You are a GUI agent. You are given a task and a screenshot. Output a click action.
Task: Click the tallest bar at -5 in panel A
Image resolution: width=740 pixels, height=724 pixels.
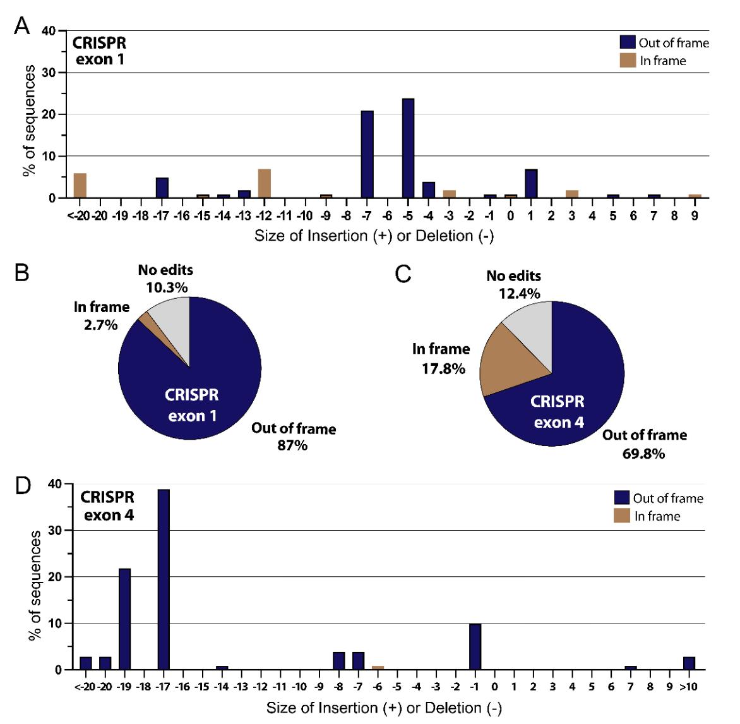408,148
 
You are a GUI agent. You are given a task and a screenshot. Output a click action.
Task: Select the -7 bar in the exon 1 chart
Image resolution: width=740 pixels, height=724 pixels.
367,155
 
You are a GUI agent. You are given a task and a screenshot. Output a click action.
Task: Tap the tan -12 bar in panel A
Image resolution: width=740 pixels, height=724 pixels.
264,183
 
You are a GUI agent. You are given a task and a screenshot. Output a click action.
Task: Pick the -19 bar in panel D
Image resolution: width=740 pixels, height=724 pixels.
124,619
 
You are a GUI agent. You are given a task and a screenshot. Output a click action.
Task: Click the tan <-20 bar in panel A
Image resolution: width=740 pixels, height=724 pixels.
80,186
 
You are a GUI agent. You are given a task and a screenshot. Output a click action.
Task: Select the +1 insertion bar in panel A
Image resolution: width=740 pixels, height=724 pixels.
531,183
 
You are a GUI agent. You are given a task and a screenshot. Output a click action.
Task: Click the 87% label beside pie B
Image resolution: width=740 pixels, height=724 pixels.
292,445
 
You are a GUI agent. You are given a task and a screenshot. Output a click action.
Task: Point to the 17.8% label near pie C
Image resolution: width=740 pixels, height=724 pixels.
443,368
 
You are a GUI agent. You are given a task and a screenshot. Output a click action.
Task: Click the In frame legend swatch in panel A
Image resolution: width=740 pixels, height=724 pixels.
628,60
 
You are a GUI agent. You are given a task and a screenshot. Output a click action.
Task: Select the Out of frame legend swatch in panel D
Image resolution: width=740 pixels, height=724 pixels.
622,498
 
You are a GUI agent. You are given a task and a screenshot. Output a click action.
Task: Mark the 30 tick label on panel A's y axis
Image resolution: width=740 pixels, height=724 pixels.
49,73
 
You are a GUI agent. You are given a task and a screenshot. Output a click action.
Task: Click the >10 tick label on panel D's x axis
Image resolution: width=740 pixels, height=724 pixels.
688,686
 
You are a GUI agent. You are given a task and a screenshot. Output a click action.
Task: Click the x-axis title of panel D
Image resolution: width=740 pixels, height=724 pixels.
384,708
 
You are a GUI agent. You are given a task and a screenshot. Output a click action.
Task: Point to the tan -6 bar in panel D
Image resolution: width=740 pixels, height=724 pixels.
378,667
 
